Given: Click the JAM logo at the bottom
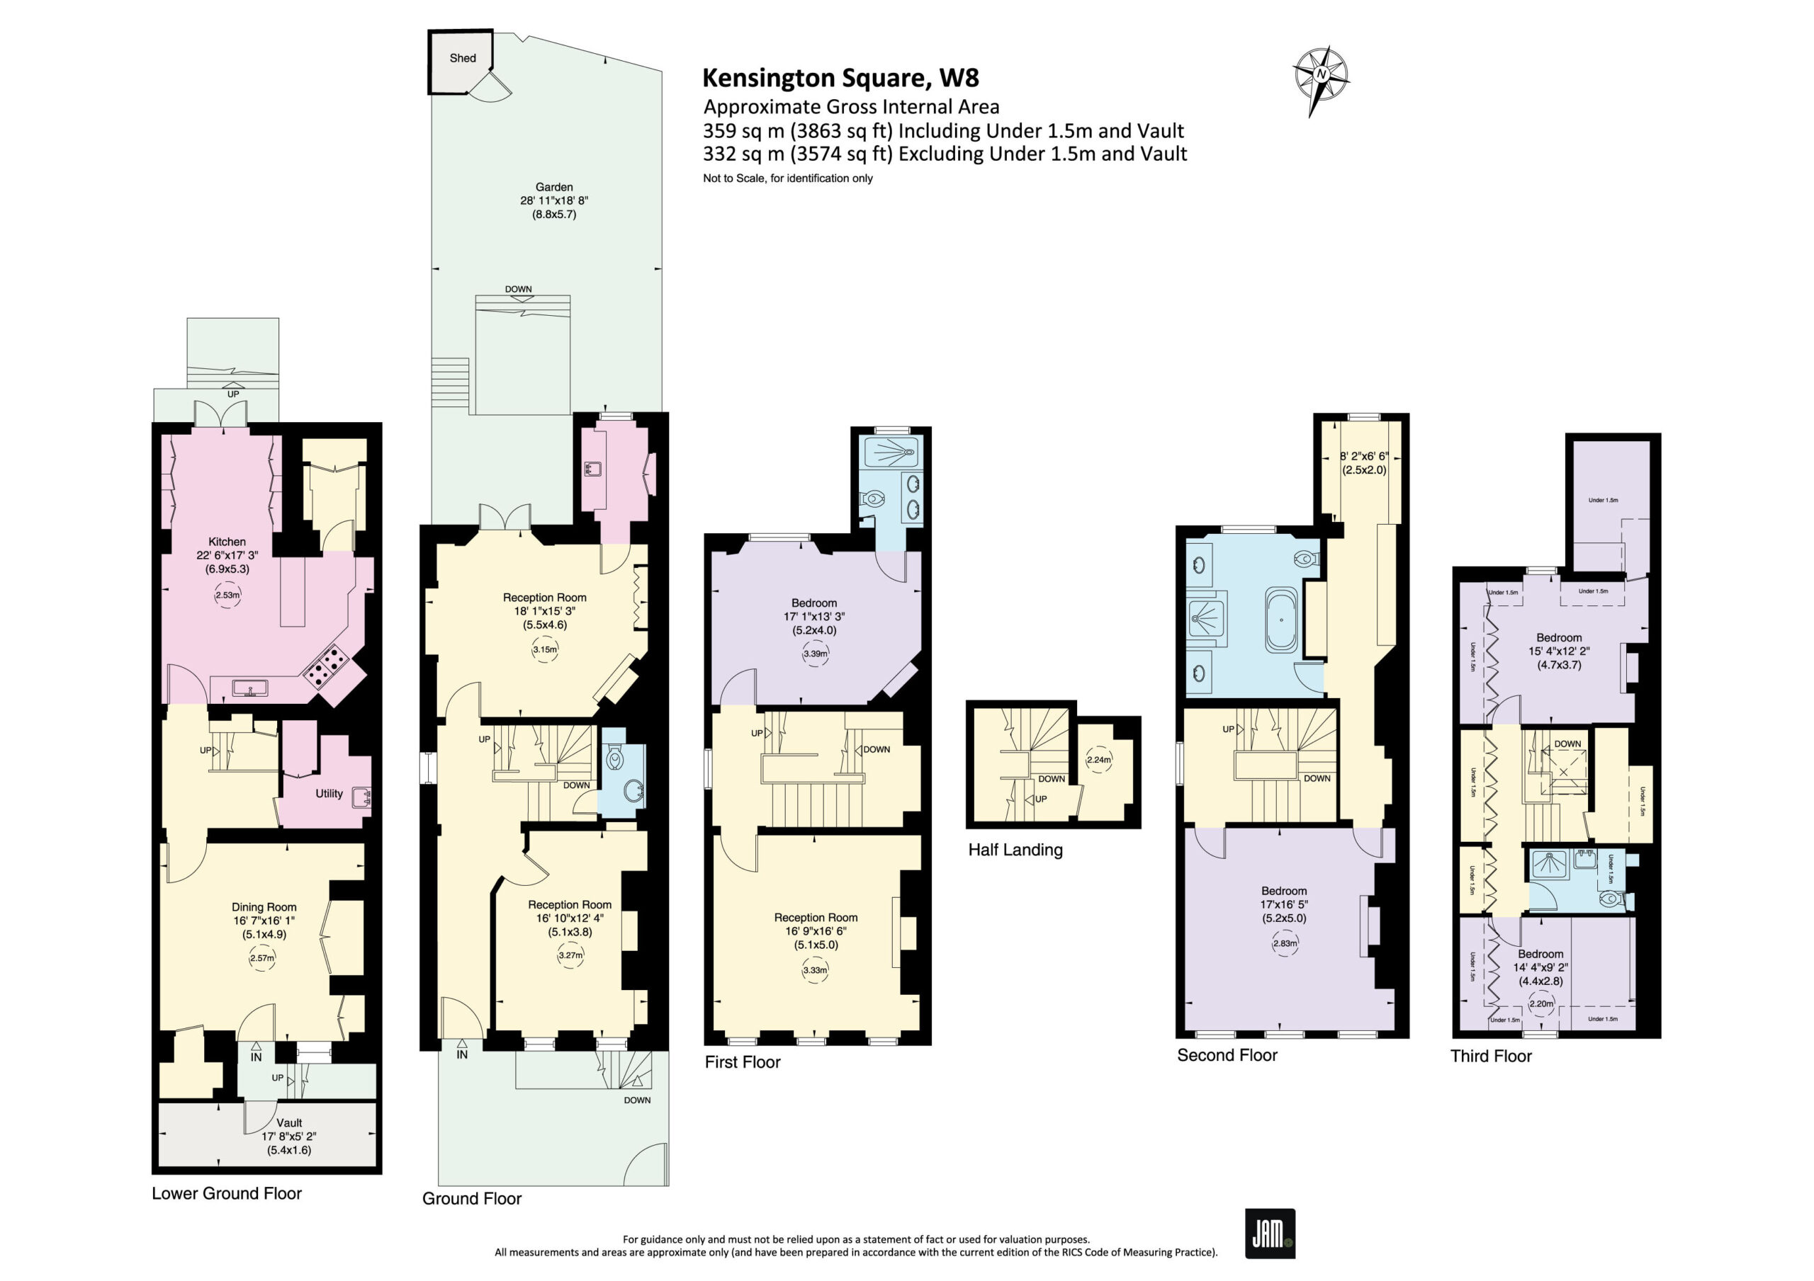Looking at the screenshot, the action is click(x=1270, y=1233).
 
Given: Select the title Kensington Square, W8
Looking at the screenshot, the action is click(x=840, y=77).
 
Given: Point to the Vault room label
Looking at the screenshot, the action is click(x=289, y=1122).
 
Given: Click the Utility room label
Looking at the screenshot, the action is click(x=329, y=793).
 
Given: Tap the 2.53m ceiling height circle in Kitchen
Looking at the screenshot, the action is click(x=227, y=595).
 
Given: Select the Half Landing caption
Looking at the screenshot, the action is click(x=1015, y=850).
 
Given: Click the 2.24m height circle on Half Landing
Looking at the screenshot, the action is click(x=1099, y=760).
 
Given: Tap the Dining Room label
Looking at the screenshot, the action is click(x=264, y=907).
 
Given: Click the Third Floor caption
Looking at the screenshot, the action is click(x=1491, y=1057).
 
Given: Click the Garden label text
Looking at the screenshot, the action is click(x=554, y=187).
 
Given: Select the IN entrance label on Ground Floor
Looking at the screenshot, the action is click(x=462, y=1054).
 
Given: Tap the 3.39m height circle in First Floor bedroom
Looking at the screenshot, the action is click(x=816, y=654).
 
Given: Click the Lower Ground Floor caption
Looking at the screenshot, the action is click(x=227, y=1193).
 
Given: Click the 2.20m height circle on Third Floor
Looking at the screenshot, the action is click(x=1541, y=1005).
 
